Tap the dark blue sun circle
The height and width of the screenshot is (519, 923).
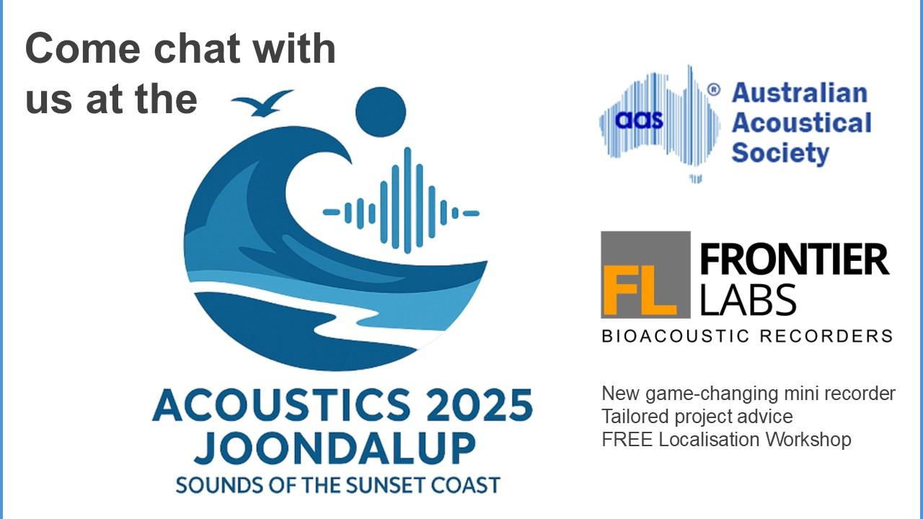[380, 112]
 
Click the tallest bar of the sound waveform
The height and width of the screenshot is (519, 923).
[407, 200]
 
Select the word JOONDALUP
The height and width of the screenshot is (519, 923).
[335, 448]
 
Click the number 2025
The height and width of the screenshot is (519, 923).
[479, 405]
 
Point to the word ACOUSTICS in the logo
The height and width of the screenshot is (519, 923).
[281, 405]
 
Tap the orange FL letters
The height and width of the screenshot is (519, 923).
[640, 290]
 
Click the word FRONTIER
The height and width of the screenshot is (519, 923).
[794, 259]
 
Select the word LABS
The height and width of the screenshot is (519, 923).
[748, 299]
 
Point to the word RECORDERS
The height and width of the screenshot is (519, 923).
[826, 336]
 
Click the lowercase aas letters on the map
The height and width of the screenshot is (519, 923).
[639, 120]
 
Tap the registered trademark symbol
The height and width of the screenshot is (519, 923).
[714, 90]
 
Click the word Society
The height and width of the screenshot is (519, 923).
[780, 153]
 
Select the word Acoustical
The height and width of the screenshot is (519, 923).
[801, 123]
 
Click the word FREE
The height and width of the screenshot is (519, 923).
[627, 440]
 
